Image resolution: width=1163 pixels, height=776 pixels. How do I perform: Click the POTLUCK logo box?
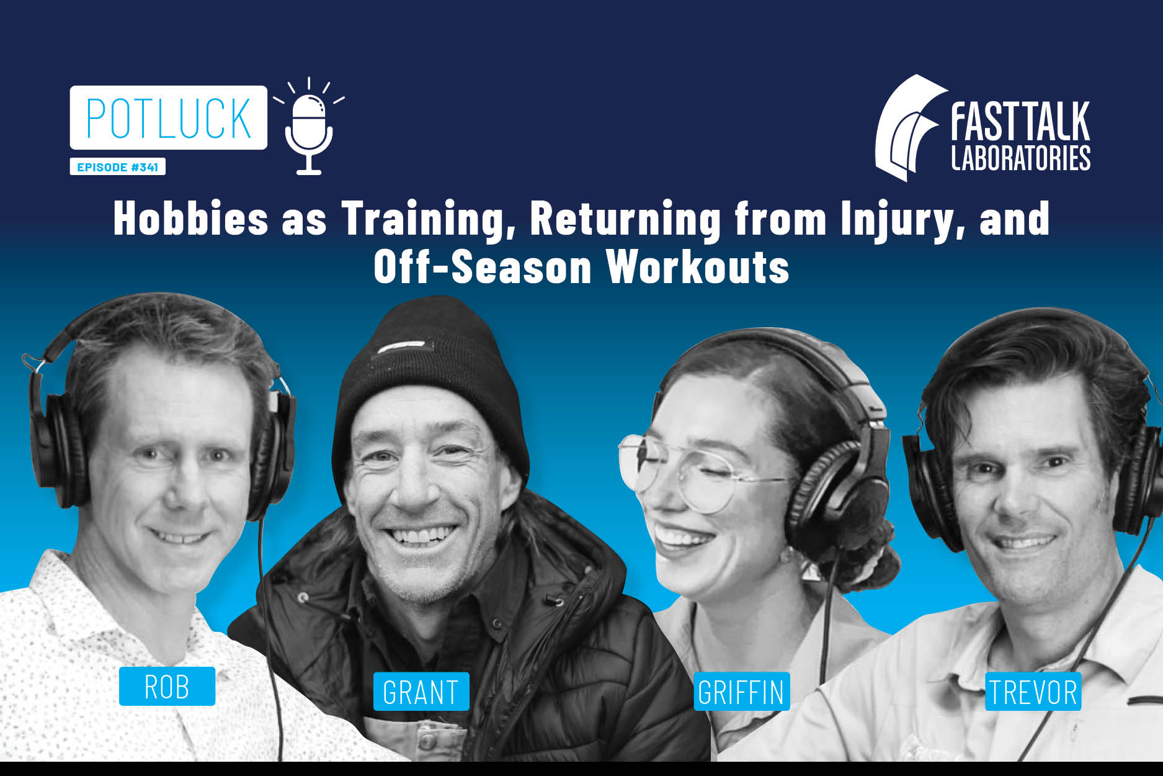pos(168,117)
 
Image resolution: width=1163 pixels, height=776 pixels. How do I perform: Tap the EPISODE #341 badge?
pos(117,167)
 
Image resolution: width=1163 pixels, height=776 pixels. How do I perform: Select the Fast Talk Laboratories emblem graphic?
pos(910,127)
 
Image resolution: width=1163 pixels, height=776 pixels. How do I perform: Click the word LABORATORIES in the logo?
pos(1020,158)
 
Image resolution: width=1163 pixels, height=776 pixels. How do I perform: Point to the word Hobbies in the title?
pos(191,219)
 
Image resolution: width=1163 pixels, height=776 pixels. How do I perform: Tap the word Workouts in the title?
pos(698,267)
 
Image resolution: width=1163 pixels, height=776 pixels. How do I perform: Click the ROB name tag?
pos(167,686)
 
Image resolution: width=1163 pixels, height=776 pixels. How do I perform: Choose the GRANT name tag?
pos(421,692)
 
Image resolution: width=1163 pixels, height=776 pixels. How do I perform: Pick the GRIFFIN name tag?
pos(741,692)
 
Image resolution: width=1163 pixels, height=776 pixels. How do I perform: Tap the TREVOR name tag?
pos(1033,692)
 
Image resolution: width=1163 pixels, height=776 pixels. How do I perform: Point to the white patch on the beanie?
pos(401,346)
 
